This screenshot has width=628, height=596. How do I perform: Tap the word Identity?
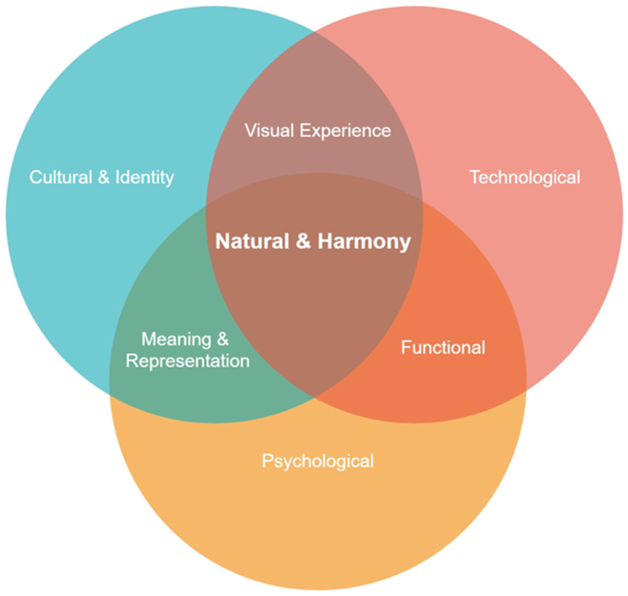coord(144,178)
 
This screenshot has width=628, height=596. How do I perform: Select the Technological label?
coord(525,177)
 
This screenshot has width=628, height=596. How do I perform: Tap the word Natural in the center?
coord(252,242)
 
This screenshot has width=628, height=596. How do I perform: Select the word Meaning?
coord(176,339)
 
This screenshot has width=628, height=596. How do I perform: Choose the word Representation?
coord(188,361)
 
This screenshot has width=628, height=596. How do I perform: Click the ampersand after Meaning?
coord(223,339)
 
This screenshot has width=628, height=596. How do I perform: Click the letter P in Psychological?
coord(267,461)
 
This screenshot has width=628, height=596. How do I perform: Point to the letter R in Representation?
coord(131,361)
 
